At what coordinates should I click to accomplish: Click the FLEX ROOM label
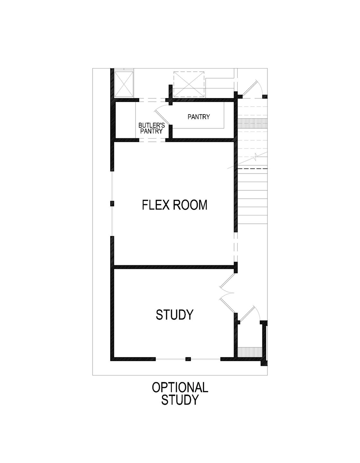(x=175, y=205)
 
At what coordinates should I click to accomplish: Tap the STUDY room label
(x=175, y=314)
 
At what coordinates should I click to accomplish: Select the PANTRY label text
(x=199, y=117)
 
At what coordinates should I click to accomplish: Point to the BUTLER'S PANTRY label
(x=151, y=128)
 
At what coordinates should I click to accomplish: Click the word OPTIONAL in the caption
(x=180, y=387)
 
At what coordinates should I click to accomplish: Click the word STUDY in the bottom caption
(x=180, y=400)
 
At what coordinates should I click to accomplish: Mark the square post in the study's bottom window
(x=188, y=359)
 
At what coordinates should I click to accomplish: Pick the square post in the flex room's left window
(x=112, y=203)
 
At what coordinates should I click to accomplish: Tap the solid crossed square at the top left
(x=124, y=84)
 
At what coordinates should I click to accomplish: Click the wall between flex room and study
(x=174, y=267)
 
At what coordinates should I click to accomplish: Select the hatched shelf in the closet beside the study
(x=250, y=351)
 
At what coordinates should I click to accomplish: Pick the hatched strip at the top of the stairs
(x=252, y=123)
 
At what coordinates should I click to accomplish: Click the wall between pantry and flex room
(x=199, y=140)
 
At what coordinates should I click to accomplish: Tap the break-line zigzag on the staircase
(x=256, y=158)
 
